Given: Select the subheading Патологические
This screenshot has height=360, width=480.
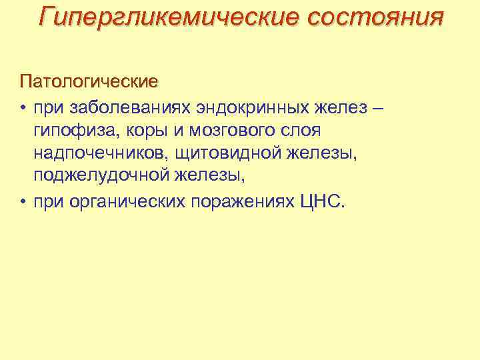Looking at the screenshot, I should click(89, 82).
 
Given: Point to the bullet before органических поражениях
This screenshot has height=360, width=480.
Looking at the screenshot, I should click(23, 201).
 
